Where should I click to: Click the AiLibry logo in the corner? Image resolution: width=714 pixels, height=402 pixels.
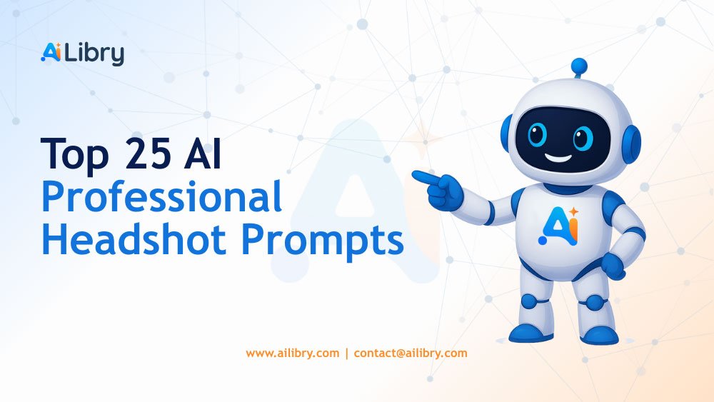point(82,54)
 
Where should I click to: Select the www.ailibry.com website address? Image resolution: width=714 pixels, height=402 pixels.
point(292,353)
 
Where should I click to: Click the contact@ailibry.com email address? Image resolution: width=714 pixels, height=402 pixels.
point(411,353)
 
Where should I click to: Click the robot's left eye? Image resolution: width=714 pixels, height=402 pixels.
point(537,134)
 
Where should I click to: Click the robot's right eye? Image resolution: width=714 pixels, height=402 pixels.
point(583,136)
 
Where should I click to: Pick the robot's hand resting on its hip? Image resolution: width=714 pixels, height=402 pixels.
point(613,265)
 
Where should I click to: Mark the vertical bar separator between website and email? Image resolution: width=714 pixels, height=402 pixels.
point(346,353)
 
